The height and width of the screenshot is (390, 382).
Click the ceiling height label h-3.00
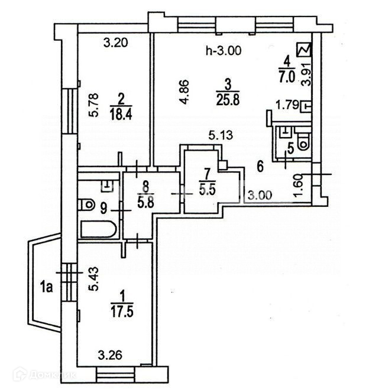223,51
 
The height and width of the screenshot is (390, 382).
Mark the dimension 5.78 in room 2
93,106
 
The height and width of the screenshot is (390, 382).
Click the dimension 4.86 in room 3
184,90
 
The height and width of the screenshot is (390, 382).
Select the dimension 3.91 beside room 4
305,74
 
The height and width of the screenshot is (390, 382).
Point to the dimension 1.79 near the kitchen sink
288,106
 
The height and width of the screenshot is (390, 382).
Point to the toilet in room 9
86,204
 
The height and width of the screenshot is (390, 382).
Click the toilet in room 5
303,139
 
